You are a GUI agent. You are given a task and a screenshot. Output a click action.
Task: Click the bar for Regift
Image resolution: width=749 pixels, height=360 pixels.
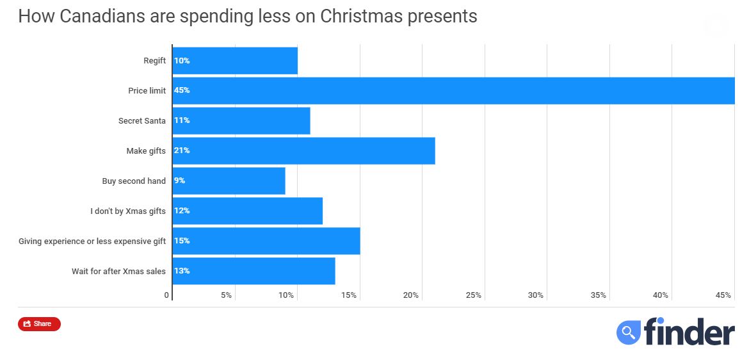[235, 61]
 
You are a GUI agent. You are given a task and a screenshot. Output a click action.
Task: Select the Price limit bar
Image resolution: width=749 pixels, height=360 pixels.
[453, 90]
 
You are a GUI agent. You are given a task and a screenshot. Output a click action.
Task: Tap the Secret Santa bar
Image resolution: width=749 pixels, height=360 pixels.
[241, 120]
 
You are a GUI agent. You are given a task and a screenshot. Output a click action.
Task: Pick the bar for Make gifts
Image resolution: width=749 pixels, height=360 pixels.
[304, 151]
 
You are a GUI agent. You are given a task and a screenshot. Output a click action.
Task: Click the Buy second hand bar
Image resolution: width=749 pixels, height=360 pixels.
[229, 181]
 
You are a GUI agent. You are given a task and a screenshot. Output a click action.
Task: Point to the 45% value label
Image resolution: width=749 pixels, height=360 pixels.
[182, 90]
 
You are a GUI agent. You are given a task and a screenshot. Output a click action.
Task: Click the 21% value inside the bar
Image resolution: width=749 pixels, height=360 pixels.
[182, 151]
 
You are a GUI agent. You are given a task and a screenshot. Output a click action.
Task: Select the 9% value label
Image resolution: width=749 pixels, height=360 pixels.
[180, 181]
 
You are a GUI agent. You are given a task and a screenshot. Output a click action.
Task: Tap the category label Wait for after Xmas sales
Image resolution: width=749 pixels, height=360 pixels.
[118, 271]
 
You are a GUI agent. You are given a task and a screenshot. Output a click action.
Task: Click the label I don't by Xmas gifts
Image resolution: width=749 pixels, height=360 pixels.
[128, 211]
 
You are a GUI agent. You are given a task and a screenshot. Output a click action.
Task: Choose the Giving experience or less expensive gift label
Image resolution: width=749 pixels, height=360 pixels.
[92, 241]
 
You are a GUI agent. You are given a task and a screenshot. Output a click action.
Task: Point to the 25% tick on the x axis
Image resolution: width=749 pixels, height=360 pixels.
[473, 295]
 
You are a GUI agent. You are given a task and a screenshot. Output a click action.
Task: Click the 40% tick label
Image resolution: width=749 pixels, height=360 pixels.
[661, 295]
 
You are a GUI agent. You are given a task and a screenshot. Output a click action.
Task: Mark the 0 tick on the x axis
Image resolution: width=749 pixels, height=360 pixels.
[166, 295]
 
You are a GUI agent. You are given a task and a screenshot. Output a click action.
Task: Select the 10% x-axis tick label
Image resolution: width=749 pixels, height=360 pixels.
[286, 295]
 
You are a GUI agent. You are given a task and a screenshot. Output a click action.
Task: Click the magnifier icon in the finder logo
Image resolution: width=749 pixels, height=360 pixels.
[629, 332]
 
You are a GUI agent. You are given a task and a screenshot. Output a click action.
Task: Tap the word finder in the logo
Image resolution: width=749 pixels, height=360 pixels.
[689, 332]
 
